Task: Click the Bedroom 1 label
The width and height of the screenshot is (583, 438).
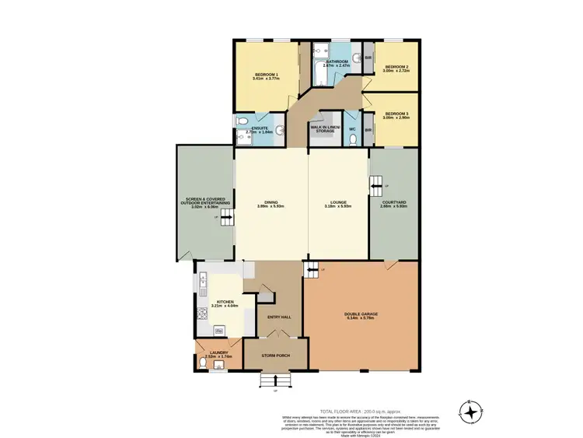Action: tap(266, 74)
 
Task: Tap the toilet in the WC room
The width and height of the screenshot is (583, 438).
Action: tap(353, 139)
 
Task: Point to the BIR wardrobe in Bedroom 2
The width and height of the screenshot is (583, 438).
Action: tap(368, 57)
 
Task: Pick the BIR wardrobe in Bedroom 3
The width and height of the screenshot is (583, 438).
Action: tap(368, 129)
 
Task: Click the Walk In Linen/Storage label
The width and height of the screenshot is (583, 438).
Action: tap(323, 129)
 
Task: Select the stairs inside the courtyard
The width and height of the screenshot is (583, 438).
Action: tap(376, 185)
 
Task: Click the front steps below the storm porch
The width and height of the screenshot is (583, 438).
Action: tap(276, 380)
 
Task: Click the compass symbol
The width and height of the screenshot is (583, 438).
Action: tap(470, 409)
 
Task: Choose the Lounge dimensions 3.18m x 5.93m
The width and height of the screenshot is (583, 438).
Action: tap(339, 206)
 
